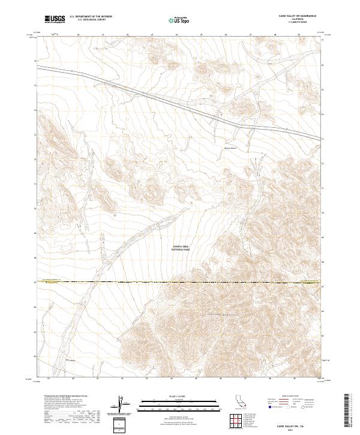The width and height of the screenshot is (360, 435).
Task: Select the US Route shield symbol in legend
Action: (287, 407)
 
